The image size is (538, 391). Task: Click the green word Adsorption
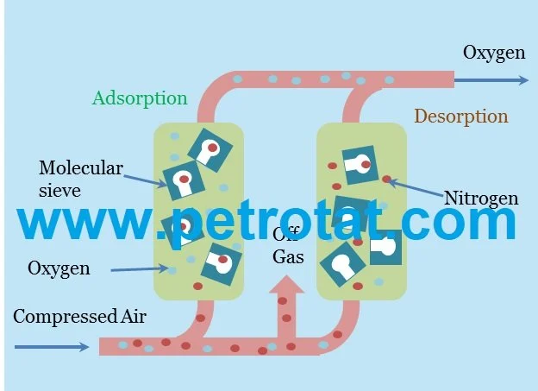[140, 98]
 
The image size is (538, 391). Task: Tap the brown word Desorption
[461, 117]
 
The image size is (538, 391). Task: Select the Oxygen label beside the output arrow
[494, 54]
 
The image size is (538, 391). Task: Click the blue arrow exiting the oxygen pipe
[491, 80]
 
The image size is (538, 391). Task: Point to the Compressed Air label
[79, 317]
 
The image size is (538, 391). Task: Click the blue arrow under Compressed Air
[52, 347]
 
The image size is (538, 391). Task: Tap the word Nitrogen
[481, 199]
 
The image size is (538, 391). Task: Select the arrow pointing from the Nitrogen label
[416, 187]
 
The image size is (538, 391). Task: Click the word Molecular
[81, 168]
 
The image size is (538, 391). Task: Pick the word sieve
[59, 191]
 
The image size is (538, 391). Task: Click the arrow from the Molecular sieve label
[145, 181]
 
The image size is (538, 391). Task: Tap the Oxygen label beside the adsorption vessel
[59, 268]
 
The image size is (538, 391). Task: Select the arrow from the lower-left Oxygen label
[140, 269]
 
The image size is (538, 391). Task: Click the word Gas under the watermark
[288, 257]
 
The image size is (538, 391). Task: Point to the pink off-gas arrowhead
[286, 285]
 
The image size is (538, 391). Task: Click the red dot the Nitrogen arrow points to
[386, 179]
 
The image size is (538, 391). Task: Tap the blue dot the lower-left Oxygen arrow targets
[172, 270]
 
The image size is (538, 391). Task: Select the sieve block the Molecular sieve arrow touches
[184, 180]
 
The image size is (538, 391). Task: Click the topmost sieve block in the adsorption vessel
[210, 150]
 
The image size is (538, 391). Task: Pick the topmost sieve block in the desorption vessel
[360, 165]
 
